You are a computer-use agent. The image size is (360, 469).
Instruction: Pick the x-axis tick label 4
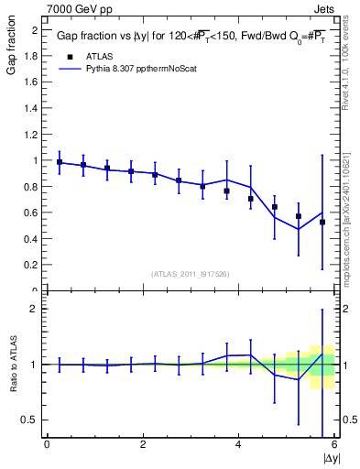[238, 444]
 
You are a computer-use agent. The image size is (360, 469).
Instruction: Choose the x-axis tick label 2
[143, 444]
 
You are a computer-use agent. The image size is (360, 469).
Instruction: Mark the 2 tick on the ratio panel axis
[37, 309]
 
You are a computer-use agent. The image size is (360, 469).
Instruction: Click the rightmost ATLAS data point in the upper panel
[322, 222]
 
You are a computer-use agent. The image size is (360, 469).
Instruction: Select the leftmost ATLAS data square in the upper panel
[60, 162]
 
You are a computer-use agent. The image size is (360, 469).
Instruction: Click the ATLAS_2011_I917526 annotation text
[190, 274]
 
